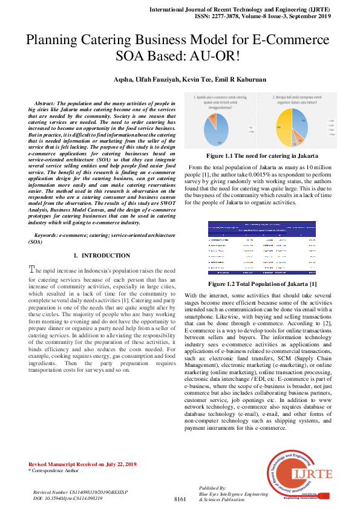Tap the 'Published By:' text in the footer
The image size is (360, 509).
(212, 487)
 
